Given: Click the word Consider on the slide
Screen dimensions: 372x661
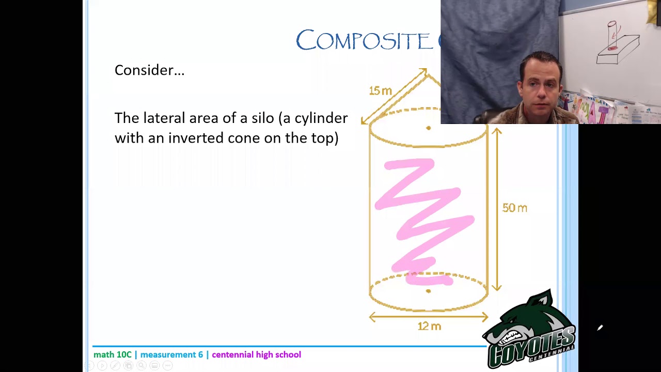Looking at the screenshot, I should (x=146, y=70).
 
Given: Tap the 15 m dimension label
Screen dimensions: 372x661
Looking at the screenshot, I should (x=380, y=91).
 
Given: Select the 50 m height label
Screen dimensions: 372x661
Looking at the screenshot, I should (x=514, y=208).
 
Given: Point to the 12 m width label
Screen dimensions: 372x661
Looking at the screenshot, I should (x=429, y=326).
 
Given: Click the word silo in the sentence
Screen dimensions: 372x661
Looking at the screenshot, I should (x=262, y=118).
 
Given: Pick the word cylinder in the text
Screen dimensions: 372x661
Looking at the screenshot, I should (x=321, y=119).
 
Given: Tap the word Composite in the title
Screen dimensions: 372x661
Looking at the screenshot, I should (x=364, y=41).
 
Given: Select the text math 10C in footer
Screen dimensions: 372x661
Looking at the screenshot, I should (x=112, y=354).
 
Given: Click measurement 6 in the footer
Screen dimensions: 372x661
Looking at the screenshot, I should (x=171, y=354).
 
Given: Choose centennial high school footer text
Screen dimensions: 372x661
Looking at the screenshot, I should (x=256, y=354).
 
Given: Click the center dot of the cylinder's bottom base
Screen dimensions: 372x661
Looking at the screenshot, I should (x=428, y=291).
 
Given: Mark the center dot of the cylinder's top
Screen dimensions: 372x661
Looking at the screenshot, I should (x=428, y=128).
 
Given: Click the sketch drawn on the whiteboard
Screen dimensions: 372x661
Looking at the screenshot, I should (x=617, y=44).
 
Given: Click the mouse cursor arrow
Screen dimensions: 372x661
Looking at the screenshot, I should (x=600, y=328).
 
